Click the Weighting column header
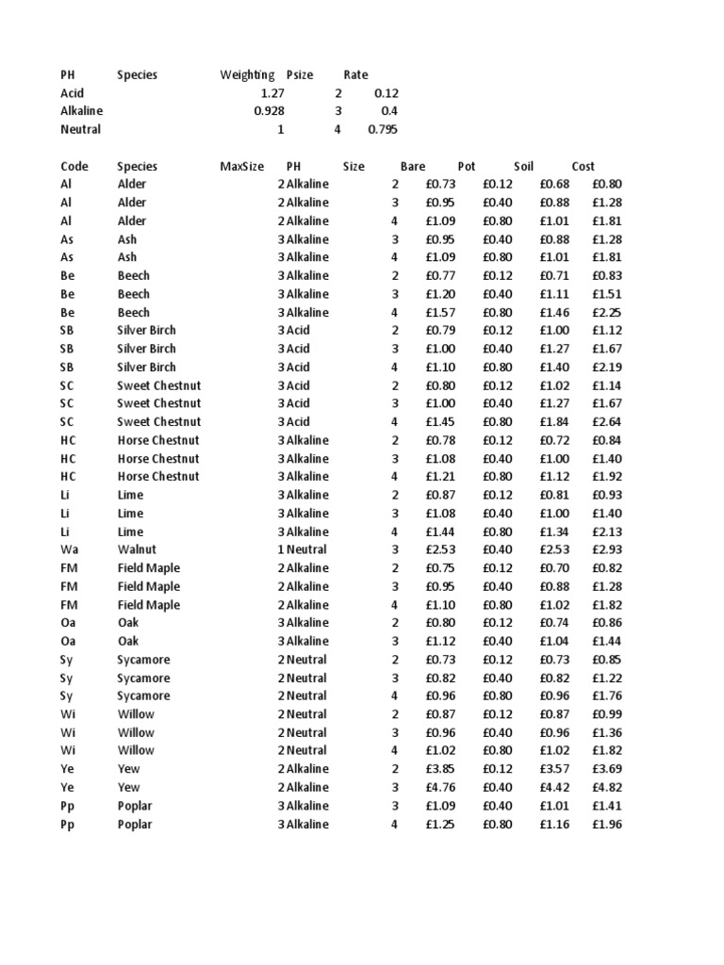[247, 74]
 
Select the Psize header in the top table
[300, 74]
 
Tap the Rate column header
[355, 74]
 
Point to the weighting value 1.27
[271, 93]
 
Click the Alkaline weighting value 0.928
[269, 111]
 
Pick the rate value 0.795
[383, 129]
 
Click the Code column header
[74, 166]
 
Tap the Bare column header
[413, 166]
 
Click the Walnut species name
[137, 549]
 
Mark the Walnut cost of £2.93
[607, 549]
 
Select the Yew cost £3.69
[607, 769]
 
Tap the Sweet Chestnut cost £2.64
[607, 421]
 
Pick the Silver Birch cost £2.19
[607, 367]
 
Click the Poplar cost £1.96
[607, 825]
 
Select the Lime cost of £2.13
[607, 532]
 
